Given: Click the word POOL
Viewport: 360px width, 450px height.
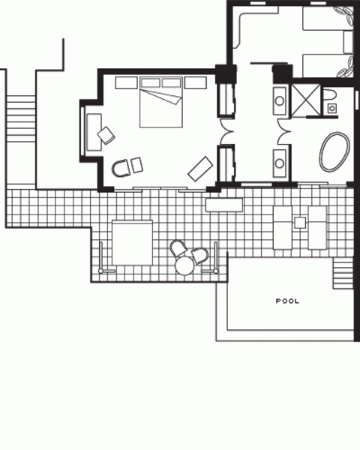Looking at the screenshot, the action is point(287,301).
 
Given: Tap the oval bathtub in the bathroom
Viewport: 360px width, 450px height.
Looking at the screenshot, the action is point(334,151).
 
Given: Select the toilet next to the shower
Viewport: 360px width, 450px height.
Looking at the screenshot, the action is point(329,94).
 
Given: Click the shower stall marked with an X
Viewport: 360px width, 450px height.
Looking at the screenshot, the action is point(306,100).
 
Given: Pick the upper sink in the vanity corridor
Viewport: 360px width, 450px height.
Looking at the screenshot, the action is point(280,101).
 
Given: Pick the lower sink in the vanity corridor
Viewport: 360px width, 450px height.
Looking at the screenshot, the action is point(280,163).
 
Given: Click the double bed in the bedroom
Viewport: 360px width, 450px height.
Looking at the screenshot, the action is point(161,102).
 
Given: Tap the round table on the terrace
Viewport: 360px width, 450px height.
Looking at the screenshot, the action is point(185,266).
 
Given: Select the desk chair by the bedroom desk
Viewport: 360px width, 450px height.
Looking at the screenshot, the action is point(106,135).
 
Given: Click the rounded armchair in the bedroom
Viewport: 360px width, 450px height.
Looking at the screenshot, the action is point(121,168).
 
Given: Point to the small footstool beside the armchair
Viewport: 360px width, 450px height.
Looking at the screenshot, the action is point(137,165).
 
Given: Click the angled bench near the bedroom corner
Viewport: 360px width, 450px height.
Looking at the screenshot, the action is point(200,169).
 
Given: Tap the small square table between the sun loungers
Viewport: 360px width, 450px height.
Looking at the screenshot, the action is point(300,223).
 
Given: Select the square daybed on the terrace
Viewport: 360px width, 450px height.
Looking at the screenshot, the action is point(132,242).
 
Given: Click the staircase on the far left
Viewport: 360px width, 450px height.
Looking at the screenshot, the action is point(21,118).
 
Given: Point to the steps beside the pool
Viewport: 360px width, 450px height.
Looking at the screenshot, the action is point(343,273).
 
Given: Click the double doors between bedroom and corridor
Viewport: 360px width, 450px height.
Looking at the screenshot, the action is point(227,131).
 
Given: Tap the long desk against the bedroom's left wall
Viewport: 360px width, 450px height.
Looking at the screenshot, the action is point(94,132).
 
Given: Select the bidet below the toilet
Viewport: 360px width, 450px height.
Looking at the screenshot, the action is point(332,108).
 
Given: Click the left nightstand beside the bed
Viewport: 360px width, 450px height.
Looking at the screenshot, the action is point(126,82).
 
